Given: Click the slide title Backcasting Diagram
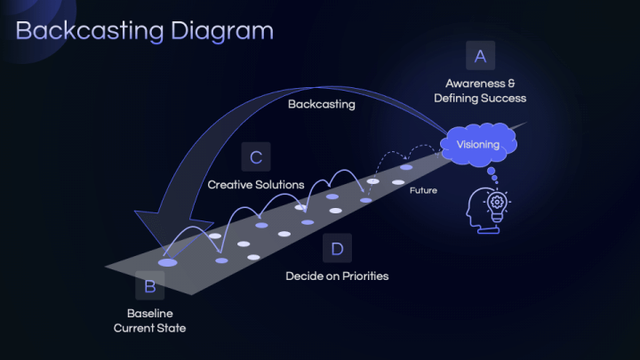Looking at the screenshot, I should click(145, 30).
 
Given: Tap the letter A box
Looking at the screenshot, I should click(480, 57).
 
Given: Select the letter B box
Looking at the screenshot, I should click(149, 286).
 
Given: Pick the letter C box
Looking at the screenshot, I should click(256, 158).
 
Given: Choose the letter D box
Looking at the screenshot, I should click(337, 249).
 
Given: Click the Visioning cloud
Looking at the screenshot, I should click(478, 145).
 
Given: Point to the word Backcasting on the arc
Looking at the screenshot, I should click(321, 104).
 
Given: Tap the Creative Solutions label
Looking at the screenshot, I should click(256, 185).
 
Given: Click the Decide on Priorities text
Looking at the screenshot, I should click(337, 276).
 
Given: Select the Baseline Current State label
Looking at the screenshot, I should click(149, 321).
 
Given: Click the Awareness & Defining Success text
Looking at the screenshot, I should click(480, 91).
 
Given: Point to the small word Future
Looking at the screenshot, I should click(423, 190).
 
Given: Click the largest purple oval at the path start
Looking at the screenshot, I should click(167, 262).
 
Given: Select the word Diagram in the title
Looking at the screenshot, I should click(223, 30).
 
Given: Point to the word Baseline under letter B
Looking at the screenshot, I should click(149, 314).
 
